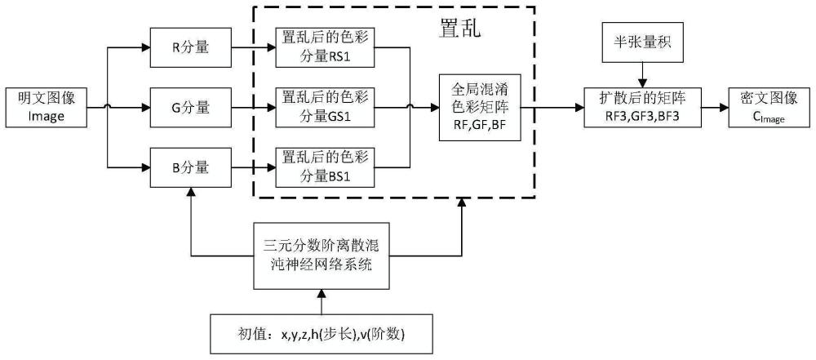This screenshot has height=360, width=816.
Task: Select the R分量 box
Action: pyautogui.click(x=191, y=47)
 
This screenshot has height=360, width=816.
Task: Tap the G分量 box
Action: pyautogui.click(x=191, y=107)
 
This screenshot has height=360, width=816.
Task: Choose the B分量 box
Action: pyautogui.click(x=191, y=167)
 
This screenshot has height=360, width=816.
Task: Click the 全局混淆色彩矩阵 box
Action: pyautogui.click(x=479, y=107)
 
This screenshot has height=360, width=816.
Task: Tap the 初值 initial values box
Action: pyautogui.click(x=322, y=335)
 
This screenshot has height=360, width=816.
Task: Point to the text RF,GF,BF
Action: pyautogui.click(x=479, y=127)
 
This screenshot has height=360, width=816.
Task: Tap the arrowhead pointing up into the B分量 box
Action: pyautogui.click(x=191, y=193)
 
